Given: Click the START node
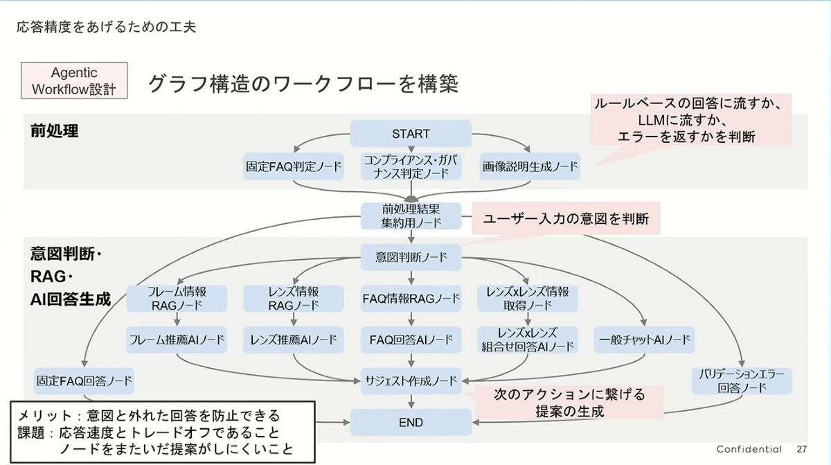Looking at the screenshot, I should coord(411,134).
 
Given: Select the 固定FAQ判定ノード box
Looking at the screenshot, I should coord(294,167).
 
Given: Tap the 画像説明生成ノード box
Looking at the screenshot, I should coord(530,167).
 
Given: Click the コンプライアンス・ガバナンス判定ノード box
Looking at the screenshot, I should coord(411,167).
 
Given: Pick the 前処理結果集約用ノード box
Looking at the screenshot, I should coord(411,215).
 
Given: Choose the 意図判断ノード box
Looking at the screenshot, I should coord(411,257).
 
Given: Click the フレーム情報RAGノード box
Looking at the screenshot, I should coord(177,298).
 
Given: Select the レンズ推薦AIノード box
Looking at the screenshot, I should coord(294,340).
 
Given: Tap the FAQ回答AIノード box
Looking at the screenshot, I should coord(411,340).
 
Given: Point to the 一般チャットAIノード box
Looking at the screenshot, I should coord(645,340).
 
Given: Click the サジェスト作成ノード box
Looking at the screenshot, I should coord(411,380).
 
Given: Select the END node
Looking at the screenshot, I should coord(411,422).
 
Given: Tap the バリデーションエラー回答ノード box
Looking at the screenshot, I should coord(742,380).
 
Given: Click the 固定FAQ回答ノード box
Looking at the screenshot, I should coord(84,380).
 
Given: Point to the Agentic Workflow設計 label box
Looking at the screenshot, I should coord(75,81).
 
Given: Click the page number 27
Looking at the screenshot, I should coord(802,449).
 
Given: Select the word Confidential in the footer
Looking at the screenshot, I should coord(749,449).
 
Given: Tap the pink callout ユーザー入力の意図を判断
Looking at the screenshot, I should coord(566,219).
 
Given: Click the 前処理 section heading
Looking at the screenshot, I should coord(54,131).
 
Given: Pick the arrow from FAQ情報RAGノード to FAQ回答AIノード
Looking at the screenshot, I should coord(411,319).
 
